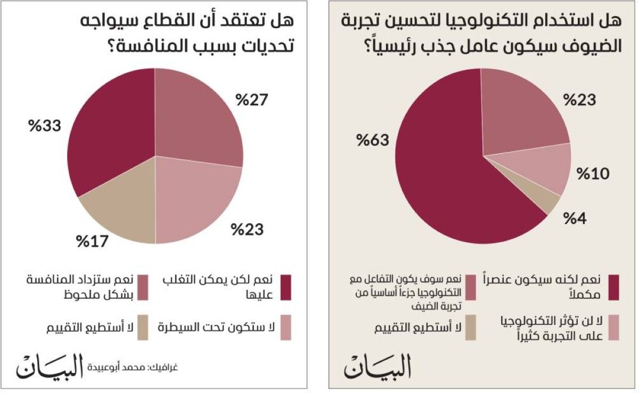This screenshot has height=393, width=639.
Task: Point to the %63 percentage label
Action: pyautogui.click(x=373, y=140)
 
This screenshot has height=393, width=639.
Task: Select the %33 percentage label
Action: pyautogui.click(x=45, y=126)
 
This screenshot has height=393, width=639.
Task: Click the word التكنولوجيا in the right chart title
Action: pyautogui.click(x=482, y=21)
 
